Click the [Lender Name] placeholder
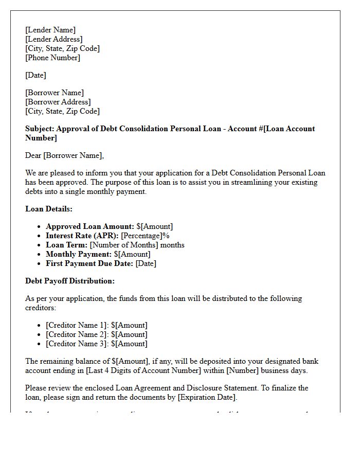[x=50, y=30]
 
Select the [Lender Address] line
[x=53, y=40]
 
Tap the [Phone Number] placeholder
[x=52, y=58]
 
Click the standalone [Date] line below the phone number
[x=35, y=76]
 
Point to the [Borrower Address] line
[x=58, y=102]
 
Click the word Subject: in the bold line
[x=39, y=129]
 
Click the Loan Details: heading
[x=49, y=209]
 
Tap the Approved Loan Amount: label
[x=90, y=226]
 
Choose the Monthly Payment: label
[x=79, y=254]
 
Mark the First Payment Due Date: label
[x=89, y=263]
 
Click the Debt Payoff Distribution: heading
[x=70, y=281]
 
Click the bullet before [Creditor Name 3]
[x=40, y=344]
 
